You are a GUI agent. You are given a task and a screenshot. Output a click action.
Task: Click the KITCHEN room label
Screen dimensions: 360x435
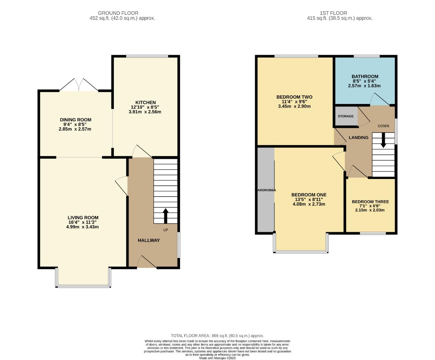[x=145, y=102]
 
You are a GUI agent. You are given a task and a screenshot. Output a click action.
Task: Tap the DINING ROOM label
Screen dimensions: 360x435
[x=75, y=120]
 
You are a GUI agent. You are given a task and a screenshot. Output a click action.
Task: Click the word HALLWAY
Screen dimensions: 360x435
[x=149, y=240]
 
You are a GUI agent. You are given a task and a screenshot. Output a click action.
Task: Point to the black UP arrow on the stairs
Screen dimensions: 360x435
[x=166, y=216]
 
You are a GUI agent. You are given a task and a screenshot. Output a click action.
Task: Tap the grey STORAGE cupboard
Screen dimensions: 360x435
[x=346, y=116]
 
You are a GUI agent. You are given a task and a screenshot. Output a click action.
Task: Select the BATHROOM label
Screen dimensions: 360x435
[x=365, y=76]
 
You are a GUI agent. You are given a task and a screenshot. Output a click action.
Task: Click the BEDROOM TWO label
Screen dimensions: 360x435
[x=294, y=97]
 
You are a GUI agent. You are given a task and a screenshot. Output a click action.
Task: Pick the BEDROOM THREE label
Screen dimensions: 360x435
[x=370, y=202]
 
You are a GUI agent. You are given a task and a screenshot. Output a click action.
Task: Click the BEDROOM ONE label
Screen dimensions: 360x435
[x=309, y=195]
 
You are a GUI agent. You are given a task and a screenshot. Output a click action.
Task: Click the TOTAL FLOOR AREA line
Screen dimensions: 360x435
[x=217, y=336]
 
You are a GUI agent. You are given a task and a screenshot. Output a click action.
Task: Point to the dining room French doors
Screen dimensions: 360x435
[x=79, y=85]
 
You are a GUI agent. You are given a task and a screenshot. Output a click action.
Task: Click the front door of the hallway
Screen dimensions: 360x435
[x=147, y=262]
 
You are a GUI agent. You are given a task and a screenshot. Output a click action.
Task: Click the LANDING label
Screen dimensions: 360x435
[x=358, y=137]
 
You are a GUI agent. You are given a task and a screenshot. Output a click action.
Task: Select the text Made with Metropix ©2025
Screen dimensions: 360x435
[x=217, y=358]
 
